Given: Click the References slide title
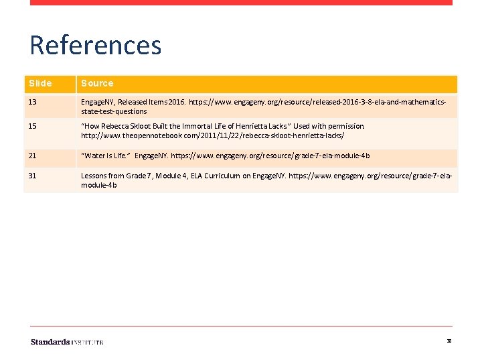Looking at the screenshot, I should [96, 46].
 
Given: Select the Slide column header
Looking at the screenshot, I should [40, 83].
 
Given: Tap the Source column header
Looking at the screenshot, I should [97, 83].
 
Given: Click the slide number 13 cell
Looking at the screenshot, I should [33, 102].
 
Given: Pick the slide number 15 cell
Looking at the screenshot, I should [33, 126].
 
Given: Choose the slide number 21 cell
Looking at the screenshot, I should [33, 156].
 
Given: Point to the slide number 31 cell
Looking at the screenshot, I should [33, 176].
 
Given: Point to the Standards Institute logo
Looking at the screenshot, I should [67, 342].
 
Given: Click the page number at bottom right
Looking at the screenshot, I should [449, 341].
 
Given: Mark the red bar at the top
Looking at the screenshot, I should [241, 3].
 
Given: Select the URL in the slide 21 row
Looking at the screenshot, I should [270, 156].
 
